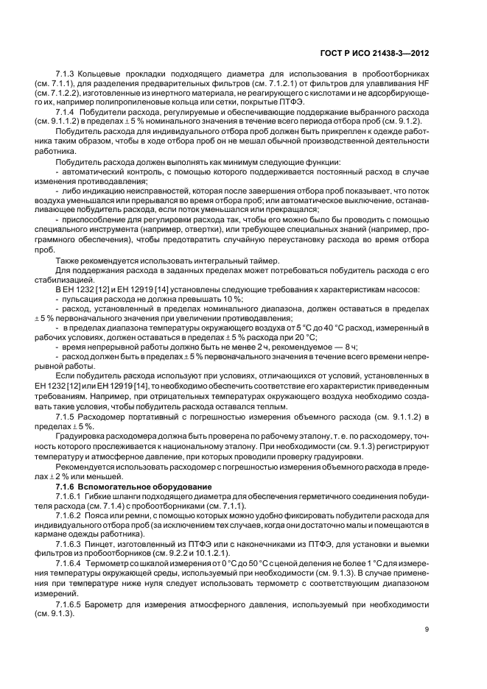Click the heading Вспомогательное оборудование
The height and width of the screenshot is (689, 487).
[x=133, y=487]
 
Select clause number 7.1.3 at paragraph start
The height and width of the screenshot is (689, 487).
[x=66, y=76]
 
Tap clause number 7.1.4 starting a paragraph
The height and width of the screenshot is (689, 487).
[x=66, y=111]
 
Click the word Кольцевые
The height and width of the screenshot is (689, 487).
[x=98, y=76]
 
